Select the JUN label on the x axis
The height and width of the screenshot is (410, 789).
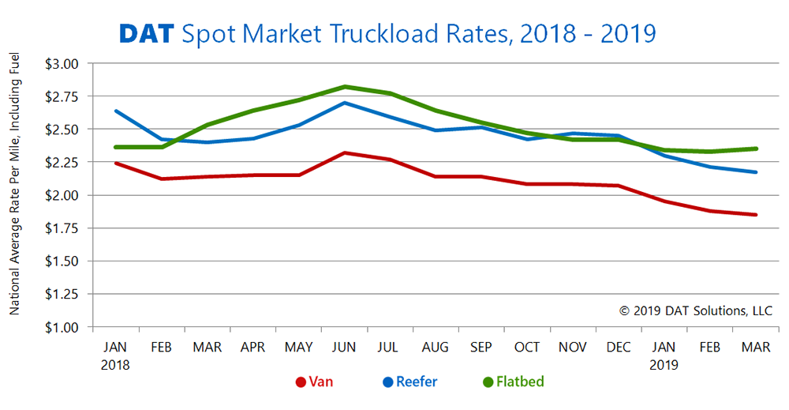point(344,348)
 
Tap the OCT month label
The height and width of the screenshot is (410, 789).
point(526,348)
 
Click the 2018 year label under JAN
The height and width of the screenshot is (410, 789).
point(115,365)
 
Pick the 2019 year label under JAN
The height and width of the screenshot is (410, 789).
point(664,365)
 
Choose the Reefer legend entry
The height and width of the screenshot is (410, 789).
point(409,382)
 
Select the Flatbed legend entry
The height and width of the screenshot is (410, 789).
point(513,382)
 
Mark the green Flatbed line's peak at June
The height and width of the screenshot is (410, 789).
point(344,86)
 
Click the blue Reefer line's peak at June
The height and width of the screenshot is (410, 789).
point(344,103)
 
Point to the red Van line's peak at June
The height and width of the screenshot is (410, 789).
point(344,152)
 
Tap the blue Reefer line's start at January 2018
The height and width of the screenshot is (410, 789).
point(116,111)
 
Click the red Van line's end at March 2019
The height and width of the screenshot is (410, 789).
point(756,215)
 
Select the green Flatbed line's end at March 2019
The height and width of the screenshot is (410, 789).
point(756,149)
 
